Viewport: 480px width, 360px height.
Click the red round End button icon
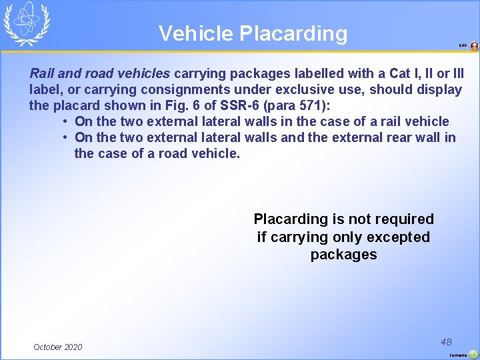474,46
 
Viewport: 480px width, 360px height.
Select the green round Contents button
473,355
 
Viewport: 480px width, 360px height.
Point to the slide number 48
446,341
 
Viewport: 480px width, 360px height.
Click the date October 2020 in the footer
58,347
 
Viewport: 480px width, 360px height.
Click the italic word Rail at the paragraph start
42,73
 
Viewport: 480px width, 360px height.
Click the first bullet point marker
66,121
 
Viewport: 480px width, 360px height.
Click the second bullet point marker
66,137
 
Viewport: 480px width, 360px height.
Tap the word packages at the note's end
343,255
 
